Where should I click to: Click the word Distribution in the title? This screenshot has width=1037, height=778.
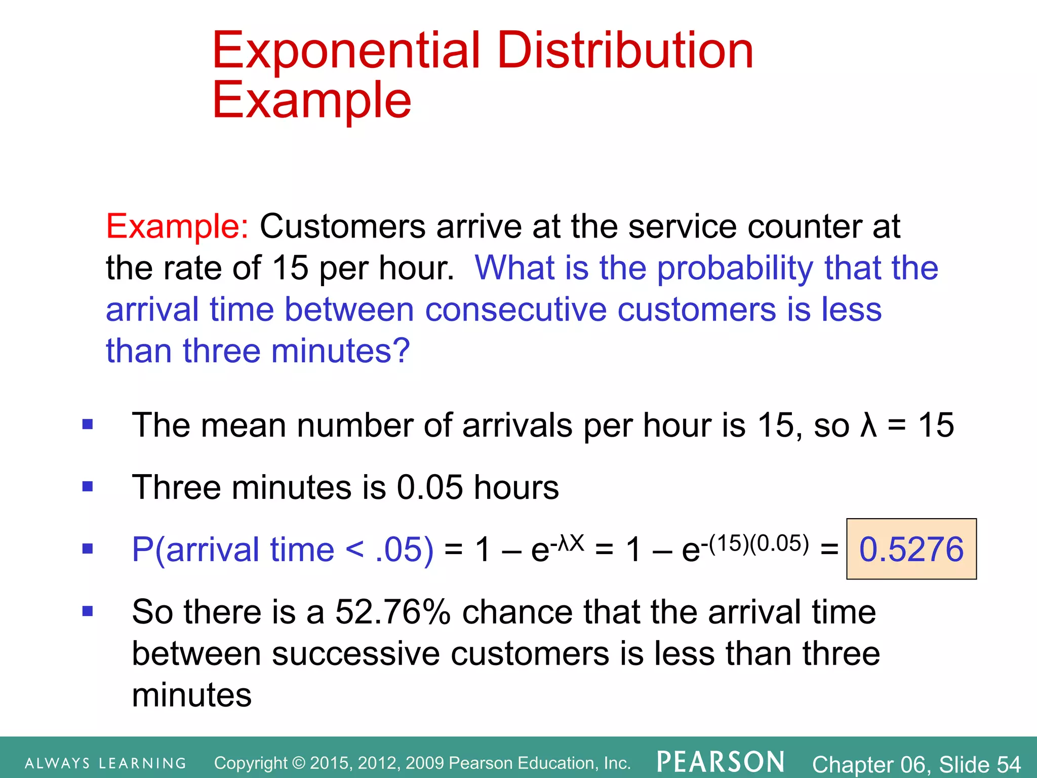coord(625,51)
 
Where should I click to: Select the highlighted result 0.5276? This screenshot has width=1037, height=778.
coord(911,549)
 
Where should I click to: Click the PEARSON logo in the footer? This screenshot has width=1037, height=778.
coord(721,762)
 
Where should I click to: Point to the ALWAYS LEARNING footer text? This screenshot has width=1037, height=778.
coord(105,763)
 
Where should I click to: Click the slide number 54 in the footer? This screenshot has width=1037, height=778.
coord(1008,764)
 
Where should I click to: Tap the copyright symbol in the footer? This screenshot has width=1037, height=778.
coord(299,763)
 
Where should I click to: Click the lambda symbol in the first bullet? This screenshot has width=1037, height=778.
coord(868,425)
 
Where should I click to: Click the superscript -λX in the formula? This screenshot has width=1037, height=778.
coord(567,543)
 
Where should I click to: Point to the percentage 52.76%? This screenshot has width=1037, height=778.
coord(392,612)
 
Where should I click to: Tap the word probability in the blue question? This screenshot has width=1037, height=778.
coord(735,268)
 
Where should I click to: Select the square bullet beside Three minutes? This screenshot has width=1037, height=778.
coord(88,487)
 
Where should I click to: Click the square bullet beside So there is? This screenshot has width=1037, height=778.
coord(88,611)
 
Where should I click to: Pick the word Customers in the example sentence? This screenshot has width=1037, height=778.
coord(342,226)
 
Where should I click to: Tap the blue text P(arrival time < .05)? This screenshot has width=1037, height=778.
coord(283,550)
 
